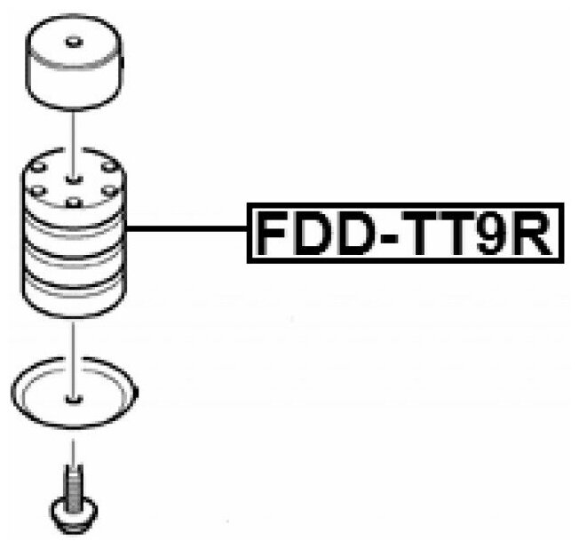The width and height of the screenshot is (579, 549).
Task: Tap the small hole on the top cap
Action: pyautogui.click(x=72, y=42)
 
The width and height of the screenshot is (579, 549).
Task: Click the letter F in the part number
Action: pyautogui.click(x=271, y=233)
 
